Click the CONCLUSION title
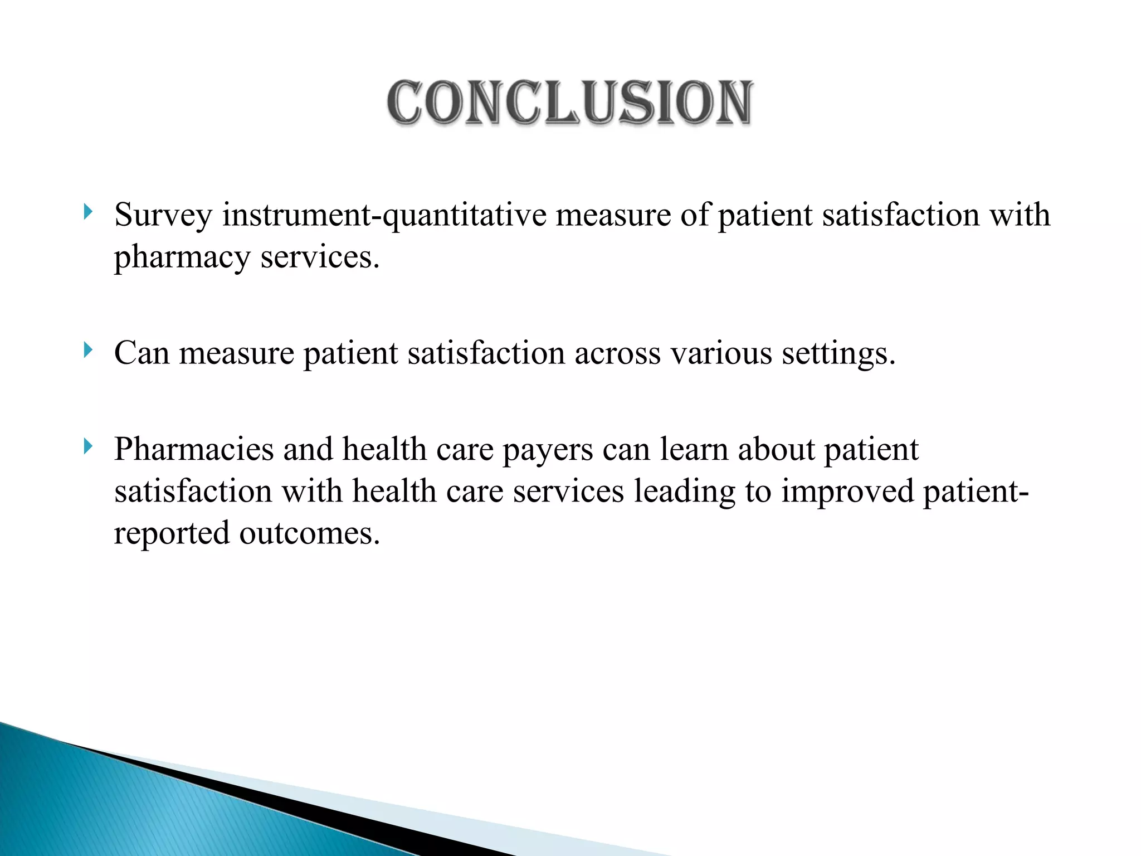click(x=570, y=103)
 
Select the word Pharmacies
click(x=194, y=449)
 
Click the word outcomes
click(x=310, y=533)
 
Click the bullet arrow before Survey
click(x=87, y=211)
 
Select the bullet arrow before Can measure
click(x=87, y=350)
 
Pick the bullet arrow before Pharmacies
click(x=87, y=446)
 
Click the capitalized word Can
click(x=142, y=353)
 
